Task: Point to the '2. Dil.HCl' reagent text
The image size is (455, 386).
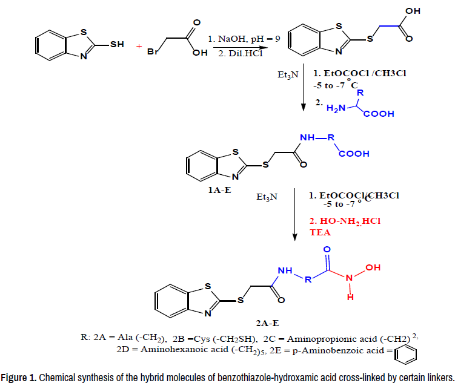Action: tap(231, 52)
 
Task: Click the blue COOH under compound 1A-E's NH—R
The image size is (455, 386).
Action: tap(354, 154)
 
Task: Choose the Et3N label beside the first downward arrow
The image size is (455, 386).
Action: tap(287, 77)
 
